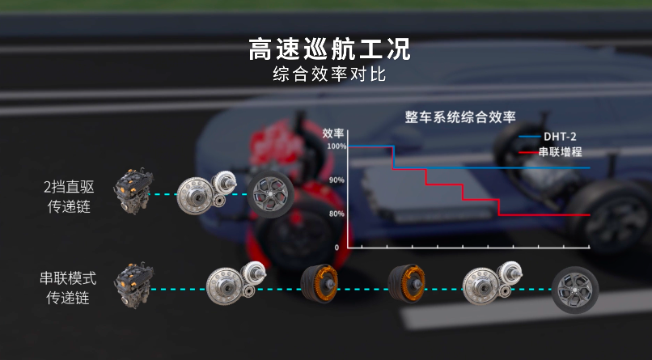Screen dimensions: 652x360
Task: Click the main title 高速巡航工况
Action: pos(330,49)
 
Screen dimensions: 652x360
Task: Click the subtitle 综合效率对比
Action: pos(330,75)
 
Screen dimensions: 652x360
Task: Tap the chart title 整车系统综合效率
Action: pos(460,116)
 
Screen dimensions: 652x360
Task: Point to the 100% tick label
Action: pos(337,146)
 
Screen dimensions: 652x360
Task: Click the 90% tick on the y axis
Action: pos(337,180)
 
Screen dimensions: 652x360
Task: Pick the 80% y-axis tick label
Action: pos(337,214)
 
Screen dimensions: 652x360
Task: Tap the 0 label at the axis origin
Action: pos(337,247)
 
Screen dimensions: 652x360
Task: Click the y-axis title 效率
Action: pos(332,132)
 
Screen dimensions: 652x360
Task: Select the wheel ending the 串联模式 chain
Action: pos(575,290)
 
